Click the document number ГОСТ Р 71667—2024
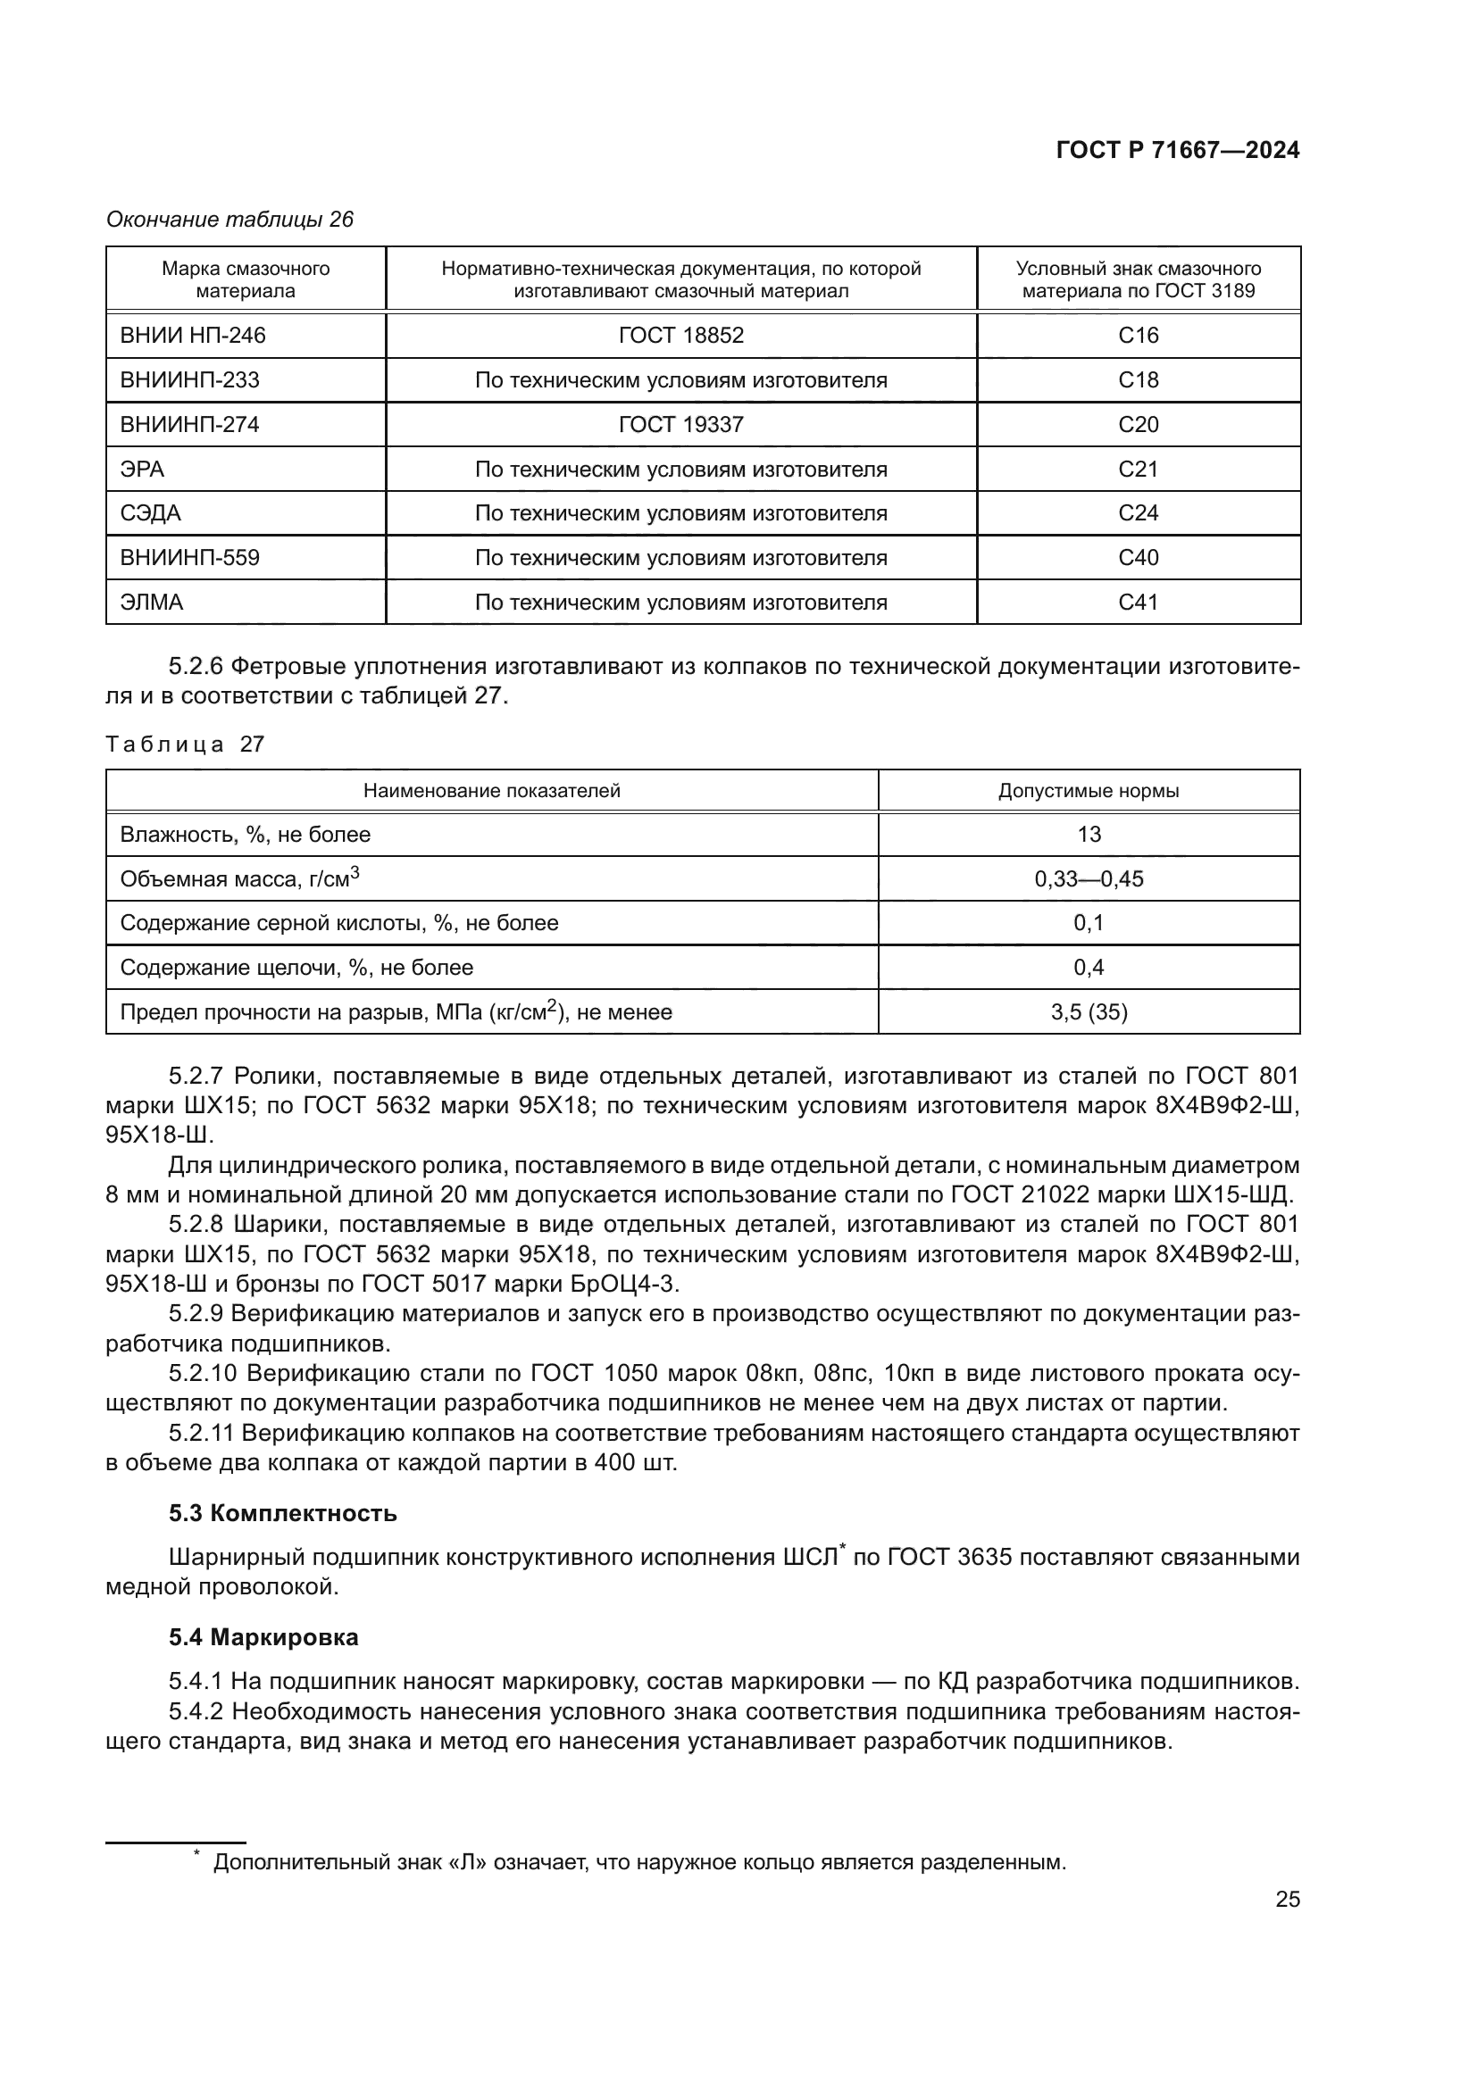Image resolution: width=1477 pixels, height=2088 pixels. (1177, 151)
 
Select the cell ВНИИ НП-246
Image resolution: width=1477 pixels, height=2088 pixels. (193, 336)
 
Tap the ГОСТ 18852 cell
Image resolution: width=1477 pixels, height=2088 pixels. (680, 336)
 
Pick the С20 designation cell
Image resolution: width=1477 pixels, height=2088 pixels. (1138, 425)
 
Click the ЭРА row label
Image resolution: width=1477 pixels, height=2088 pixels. (143, 470)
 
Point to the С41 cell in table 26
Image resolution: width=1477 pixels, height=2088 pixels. (1138, 602)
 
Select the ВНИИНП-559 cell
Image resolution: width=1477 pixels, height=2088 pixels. (189, 557)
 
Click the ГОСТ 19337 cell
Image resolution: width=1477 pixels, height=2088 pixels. (680, 425)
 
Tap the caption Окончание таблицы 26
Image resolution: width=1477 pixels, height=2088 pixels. (229, 220)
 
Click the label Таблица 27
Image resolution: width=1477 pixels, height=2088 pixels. (185, 744)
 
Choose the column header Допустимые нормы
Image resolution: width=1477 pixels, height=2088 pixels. (1088, 790)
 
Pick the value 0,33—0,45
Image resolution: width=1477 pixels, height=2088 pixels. (1088, 878)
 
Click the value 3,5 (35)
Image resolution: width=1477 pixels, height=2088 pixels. (1088, 1011)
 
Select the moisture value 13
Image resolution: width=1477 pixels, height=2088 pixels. (1088, 834)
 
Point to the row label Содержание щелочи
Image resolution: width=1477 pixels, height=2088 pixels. (296, 967)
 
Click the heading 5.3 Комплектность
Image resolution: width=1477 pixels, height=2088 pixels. (282, 1513)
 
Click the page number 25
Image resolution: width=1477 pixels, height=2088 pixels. (1287, 1899)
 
